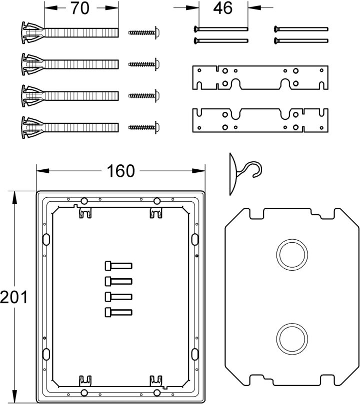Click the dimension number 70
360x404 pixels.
pos(80,8)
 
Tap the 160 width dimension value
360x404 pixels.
pos(120,171)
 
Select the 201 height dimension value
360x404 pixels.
pos(13,297)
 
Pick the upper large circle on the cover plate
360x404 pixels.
pos(292,255)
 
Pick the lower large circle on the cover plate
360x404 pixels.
pos(292,338)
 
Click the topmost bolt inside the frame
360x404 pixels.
pos(118,266)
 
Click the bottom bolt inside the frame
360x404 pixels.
pos(118,312)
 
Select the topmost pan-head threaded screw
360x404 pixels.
pos(144,32)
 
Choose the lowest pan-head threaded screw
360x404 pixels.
pos(144,127)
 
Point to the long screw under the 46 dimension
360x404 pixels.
pos(220,28)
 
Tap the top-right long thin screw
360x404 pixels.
pos(301,28)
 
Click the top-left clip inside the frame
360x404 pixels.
pos(85,213)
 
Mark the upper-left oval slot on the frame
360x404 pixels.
pos(46,239)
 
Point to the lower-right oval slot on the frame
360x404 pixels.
pos(195,354)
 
